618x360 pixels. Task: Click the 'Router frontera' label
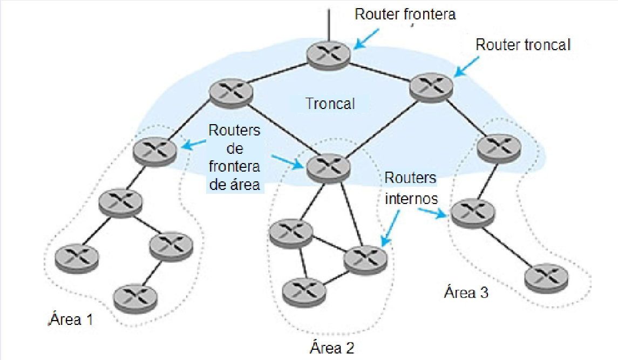point(405,14)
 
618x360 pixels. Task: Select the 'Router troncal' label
point(522,45)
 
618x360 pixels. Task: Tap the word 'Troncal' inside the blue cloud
point(330,103)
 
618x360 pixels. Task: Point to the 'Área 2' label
point(332,347)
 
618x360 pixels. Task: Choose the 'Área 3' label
point(466,293)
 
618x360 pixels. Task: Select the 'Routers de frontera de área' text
point(234,157)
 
